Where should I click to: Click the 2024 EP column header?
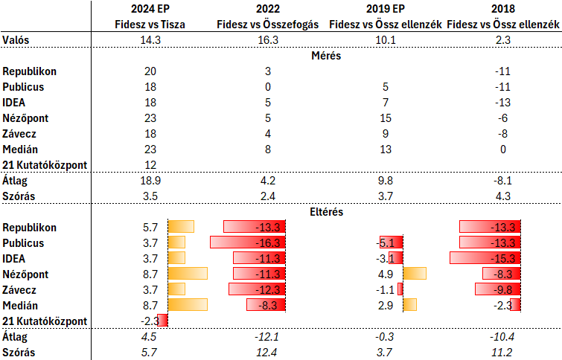click(150, 9)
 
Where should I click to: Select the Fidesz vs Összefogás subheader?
click(267, 25)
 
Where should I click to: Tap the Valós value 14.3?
click(150, 40)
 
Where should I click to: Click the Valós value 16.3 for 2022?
click(267, 40)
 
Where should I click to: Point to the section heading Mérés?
click(267, 55)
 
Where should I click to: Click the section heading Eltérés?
click(267, 211)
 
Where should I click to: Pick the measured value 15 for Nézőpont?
click(386, 118)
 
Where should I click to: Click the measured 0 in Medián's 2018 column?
click(503, 150)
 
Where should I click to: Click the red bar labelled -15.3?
click(485, 258)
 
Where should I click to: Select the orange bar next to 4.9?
click(415, 274)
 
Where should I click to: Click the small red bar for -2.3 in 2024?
click(163, 321)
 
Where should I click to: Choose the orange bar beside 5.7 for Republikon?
click(181, 227)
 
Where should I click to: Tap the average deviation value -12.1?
click(267, 337)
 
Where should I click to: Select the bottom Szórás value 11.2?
click(503, 352)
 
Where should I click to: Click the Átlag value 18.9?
click(150, 181)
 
